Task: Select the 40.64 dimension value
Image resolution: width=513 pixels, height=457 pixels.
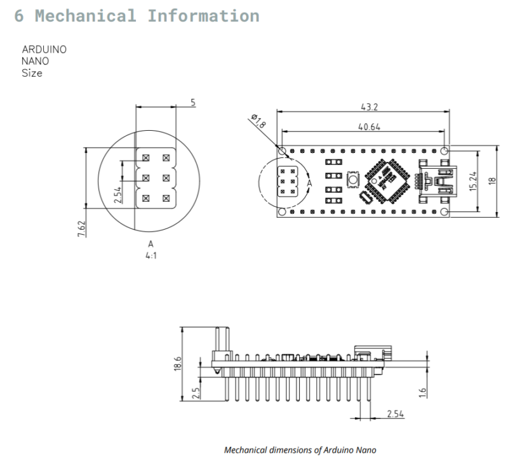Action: click(369, 127)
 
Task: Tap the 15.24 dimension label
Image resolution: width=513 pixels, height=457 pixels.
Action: click(472, 181)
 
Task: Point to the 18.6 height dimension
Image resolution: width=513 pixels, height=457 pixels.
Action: click(178, 364)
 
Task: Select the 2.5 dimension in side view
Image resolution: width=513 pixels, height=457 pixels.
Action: click(196, 393)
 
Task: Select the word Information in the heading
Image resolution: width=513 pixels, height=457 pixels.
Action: click(203, 16)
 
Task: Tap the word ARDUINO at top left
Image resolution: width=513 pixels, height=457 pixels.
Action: click(44, 50)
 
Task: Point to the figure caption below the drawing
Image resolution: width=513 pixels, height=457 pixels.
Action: click(300, 450)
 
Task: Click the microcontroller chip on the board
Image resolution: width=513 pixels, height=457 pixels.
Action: click(387, 181)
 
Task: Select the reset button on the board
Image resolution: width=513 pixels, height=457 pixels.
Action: click(352, 181)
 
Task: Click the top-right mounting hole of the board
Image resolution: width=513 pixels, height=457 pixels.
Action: click(444, 151)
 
